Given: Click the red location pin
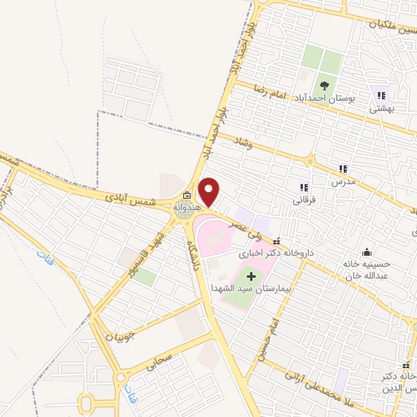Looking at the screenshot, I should click(x=210, y=191).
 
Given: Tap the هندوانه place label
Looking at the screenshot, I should click(x=186, y=208).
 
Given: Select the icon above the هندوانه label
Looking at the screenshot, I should click(x=187, y=195).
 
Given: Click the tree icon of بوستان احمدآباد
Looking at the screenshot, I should click(x=324, y=85).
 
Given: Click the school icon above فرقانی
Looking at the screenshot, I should click(x=304, y=187).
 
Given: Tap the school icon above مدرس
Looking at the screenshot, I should click(x=343, y=169).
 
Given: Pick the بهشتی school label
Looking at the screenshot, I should click(x=381, y=107).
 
